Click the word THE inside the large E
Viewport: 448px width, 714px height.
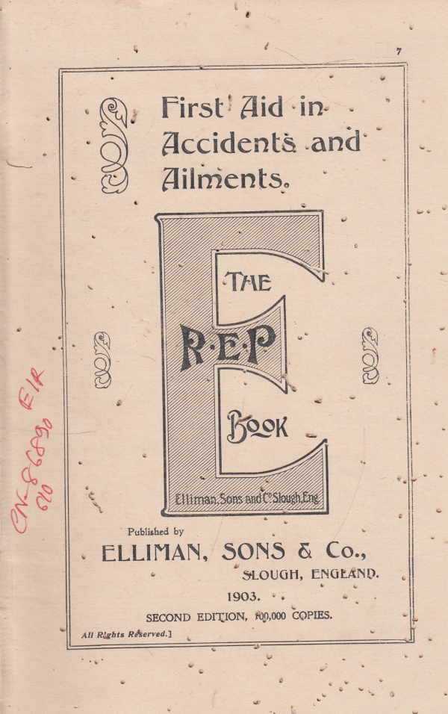click(249, 282)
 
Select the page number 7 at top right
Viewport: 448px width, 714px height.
click(399, 51)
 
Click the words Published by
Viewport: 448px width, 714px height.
click(155, 531)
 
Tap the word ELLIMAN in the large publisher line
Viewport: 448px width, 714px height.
click(149, 553)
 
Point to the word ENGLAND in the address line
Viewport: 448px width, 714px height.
click(343, 574)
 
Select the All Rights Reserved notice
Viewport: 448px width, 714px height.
click(127, 635)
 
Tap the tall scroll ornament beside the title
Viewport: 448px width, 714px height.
click(114, 146)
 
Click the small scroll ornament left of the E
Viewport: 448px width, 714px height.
click(103, 360)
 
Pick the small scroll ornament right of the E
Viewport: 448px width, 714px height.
click(370, 356)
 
